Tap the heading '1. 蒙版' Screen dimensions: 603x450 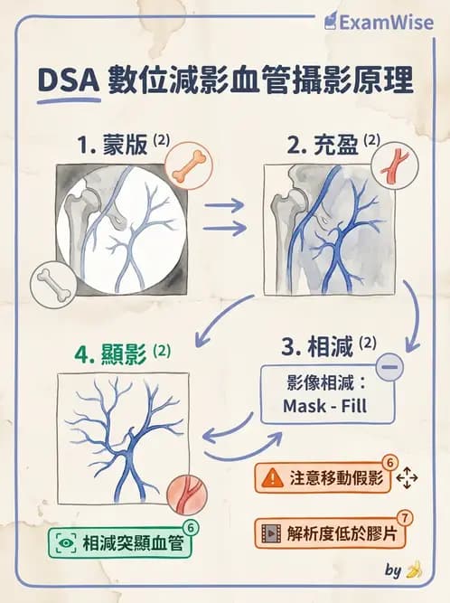click(112, 144)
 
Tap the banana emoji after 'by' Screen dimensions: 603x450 click(415, 571)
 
